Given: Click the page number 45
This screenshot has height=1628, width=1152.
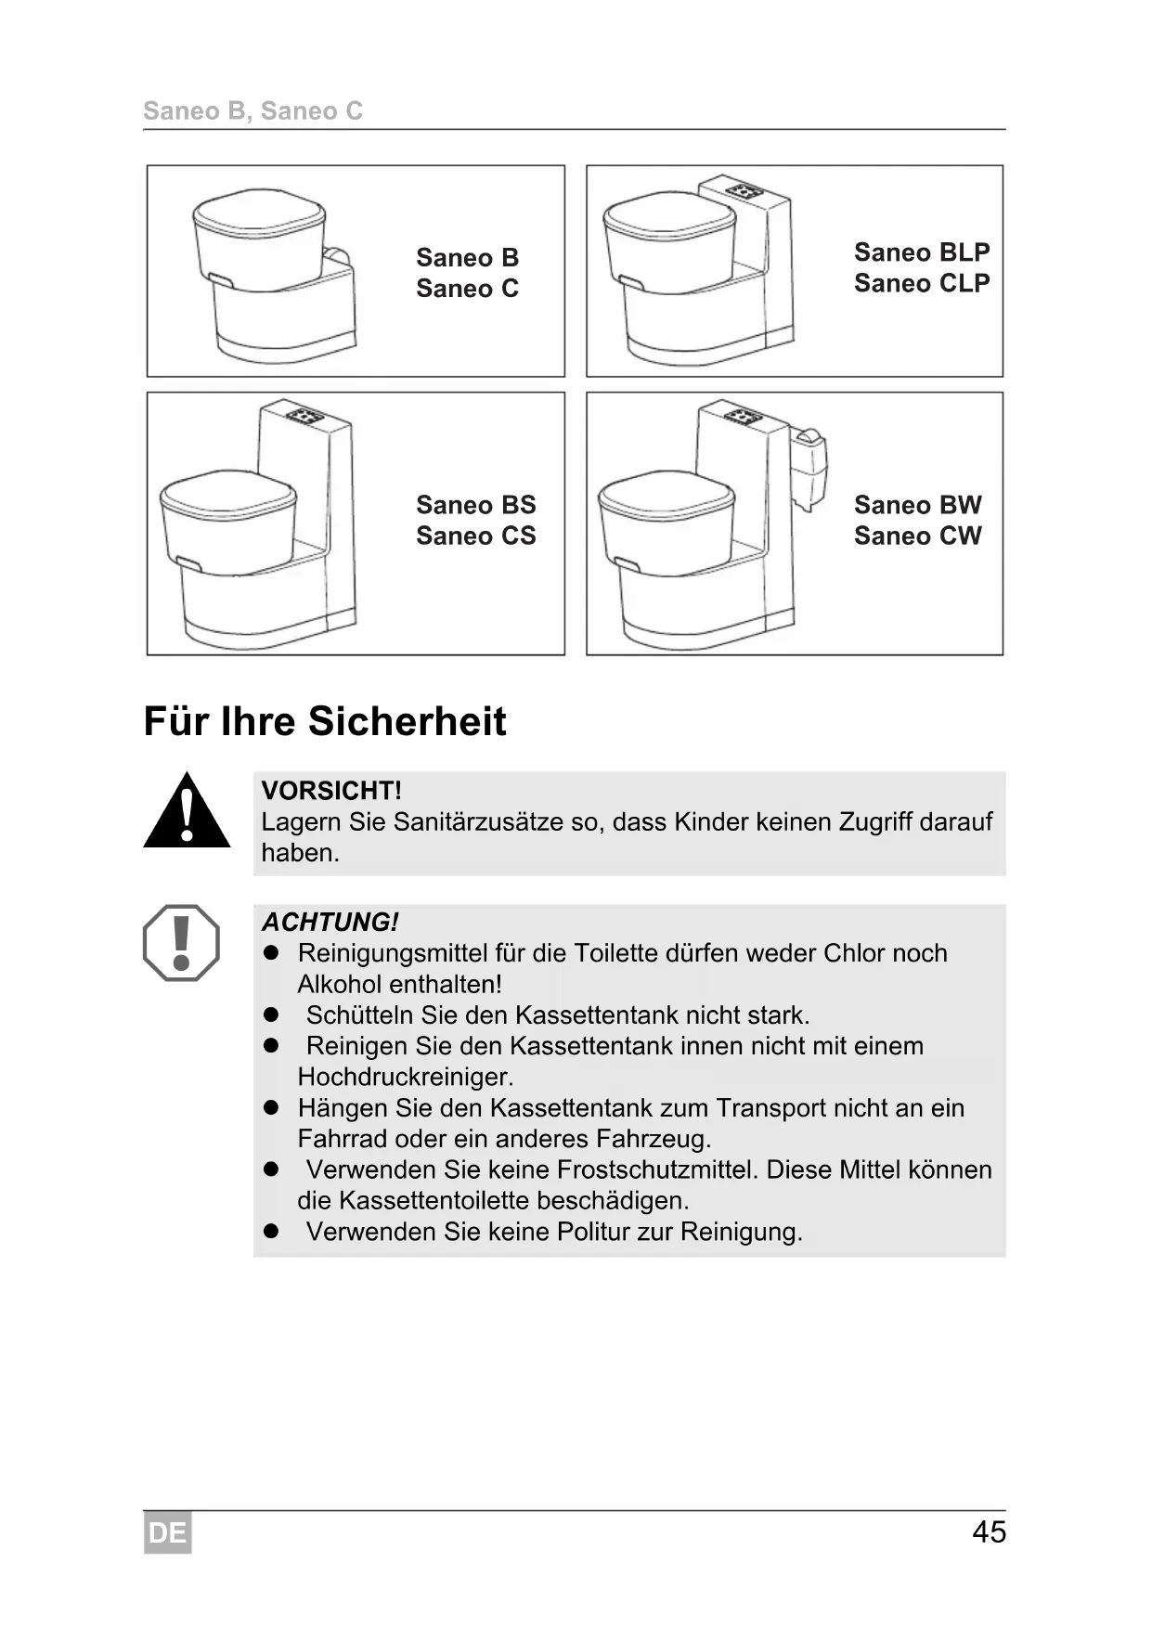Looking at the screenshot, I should pos(989,1531).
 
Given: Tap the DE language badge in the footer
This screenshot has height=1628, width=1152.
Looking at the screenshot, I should pos(167,1532).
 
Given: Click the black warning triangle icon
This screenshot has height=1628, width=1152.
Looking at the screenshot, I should pos(187,812).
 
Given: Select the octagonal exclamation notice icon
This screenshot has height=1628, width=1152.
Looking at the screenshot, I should pos(181,943).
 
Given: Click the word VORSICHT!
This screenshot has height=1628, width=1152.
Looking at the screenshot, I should pos(331,791).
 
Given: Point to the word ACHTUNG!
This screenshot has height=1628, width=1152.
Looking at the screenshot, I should pos(330,922).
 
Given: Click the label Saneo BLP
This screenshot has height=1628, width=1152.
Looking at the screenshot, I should pos(922,252).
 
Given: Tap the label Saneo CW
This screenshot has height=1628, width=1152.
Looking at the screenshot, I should pos(917,536).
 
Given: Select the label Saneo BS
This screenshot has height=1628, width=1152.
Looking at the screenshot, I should pos(475,505).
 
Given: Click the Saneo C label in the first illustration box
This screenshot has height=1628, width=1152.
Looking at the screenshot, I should pos(467,289).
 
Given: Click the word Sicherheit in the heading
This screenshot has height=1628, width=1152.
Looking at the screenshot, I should pos(408,721).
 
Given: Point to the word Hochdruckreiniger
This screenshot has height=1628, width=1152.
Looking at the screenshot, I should pos(405,1077).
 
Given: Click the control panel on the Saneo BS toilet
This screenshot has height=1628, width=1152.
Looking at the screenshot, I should pos(304,416).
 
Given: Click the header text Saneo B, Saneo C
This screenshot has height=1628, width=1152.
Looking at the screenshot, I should pos(252,111).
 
